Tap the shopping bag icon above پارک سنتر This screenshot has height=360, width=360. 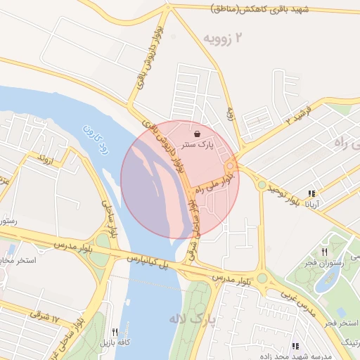click(196, 133)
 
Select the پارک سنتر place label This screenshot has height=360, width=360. click(198, 145)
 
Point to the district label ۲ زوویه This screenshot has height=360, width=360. click(226, 38)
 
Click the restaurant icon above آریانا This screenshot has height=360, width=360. click(311, 193)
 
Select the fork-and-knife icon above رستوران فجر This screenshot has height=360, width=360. click(324, 251)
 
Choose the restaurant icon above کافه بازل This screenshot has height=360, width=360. click(115, 332)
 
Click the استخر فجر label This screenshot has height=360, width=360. click(340, 322)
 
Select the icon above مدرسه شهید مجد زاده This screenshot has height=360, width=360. click(295, 346)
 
